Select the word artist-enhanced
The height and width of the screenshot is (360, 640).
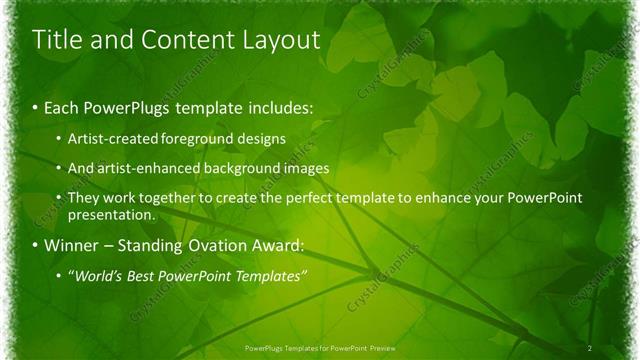[x=140, y=168]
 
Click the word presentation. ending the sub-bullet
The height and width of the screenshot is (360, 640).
[x=111, y=214]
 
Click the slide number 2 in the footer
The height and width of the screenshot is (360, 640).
[x=591, y=347]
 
